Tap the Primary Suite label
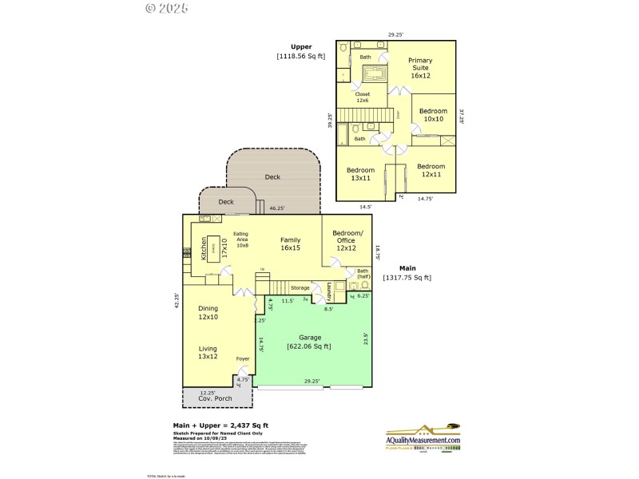click(419, 68)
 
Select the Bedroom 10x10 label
click(433, 115)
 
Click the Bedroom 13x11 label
click(360, 173)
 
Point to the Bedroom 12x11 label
click(431, 170)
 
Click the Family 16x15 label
click(289, 243)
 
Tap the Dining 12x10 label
click(208, 312)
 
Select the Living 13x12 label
click(208, 352)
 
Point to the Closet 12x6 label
click(363, 97)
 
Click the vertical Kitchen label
click(204, 249)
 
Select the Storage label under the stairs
click(300, 287)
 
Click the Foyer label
click(243, 359)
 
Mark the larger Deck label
click(272, 177)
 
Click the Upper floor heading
click(301, 47)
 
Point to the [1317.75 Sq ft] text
click(408, 277)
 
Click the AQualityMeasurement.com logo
click(423, 437)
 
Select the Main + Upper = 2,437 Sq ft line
click(220, 426)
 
